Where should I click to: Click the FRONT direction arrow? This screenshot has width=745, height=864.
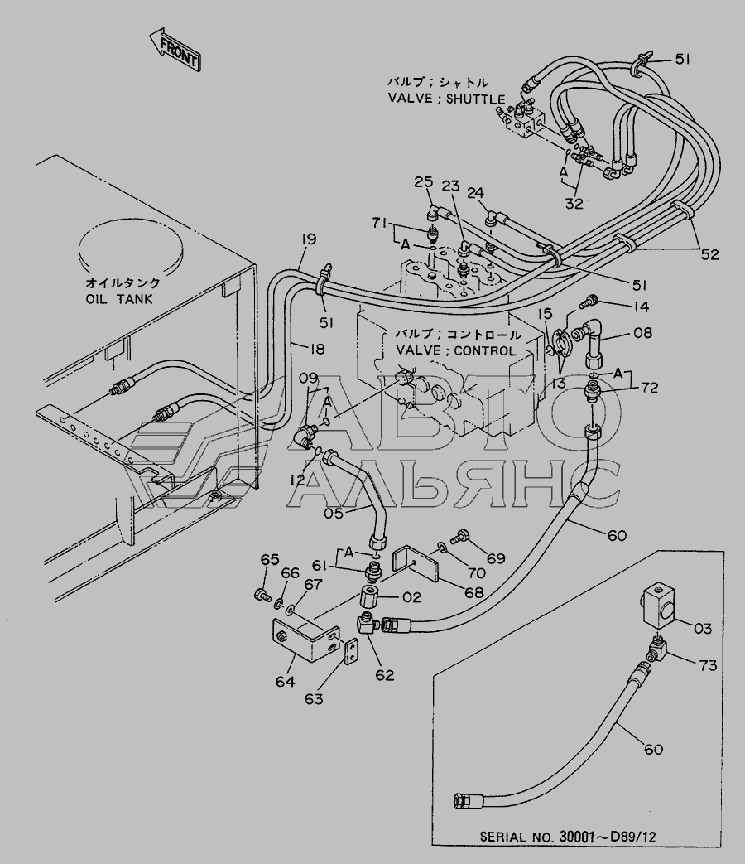(175, 49)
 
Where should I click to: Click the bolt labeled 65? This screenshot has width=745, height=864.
(261, 593)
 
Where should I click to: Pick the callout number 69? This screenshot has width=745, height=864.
(495, 559)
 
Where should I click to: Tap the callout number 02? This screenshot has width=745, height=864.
(411, 596)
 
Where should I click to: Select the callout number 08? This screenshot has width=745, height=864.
(642, 335)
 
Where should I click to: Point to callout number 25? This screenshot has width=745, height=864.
(424, 181)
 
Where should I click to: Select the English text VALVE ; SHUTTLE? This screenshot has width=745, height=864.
(446, 99)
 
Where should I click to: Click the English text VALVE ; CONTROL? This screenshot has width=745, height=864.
(456, 350)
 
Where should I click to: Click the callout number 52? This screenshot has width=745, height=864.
(709, 254)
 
